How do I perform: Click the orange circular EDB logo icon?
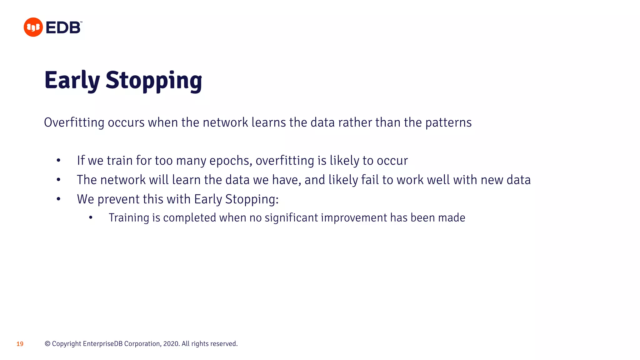pos(33,27)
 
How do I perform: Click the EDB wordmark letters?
pos(63,27)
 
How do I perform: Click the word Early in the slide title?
pos(72,80)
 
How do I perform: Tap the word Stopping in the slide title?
pos(154,81)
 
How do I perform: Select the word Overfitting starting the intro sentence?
pos(74,122)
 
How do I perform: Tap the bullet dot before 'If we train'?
pos(58,161)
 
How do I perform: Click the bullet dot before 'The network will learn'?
pos(58,180)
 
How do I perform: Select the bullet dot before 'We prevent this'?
pos(58,199)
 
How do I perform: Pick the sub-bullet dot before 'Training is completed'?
pos(91,217)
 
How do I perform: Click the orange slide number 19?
pos(20,344)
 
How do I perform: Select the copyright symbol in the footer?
pos(47,344)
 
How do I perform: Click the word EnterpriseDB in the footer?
pos(102,344)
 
